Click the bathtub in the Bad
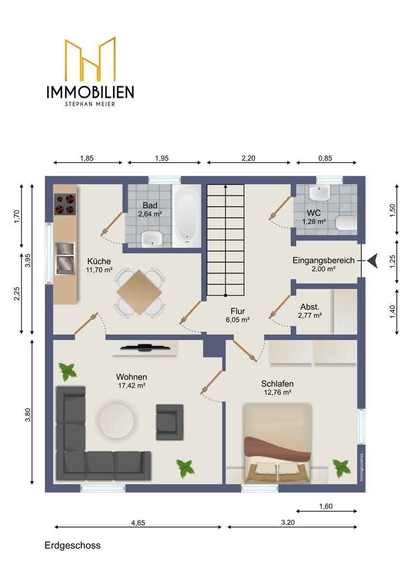tap(187, 216)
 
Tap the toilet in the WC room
tap(347, 223)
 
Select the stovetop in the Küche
tap(65, 204)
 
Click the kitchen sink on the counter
tap(65, 259)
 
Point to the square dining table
tap(140, 292)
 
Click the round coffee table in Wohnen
tap(116, 420)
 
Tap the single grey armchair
tap(170, 422)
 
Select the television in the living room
tap(145, 347)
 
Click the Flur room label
tap(237, 311)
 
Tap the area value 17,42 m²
tap(132, 386)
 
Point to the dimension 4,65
tap(138, 523)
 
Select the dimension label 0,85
tap(325, 158)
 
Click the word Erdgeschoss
tap(72, 545)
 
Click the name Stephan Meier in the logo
tap(90, 104)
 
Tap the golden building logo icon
tap(90, 59)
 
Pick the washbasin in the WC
tap(319, 193)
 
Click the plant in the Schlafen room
tap(341, 469)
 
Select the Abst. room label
tap(310, 307)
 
